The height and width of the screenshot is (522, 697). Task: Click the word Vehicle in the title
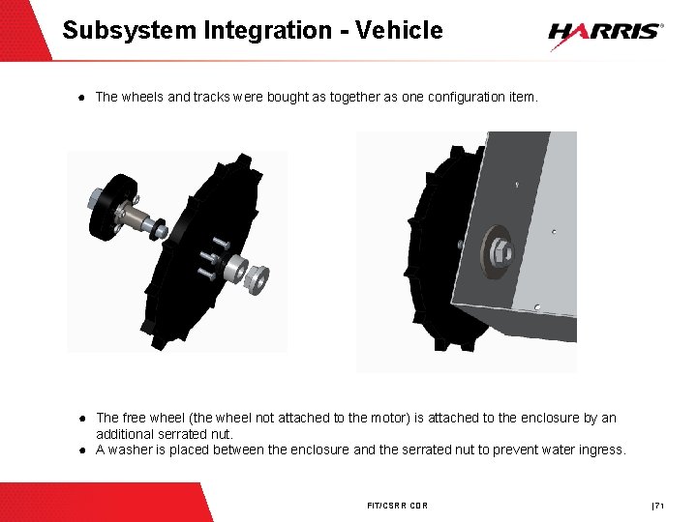tap(399, 30)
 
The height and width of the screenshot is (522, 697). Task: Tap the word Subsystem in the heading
tap(130, 31)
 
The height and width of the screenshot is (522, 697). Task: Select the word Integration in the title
tap(267, 31)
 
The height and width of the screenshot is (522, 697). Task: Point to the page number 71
tap(659, 506)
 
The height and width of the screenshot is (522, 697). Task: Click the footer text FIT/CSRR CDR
tap(398, 506)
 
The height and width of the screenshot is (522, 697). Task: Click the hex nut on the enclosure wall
tap(501, 252)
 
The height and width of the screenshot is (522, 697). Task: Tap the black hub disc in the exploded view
tap(112, 207)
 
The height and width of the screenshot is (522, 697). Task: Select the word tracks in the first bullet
tap(212, 97)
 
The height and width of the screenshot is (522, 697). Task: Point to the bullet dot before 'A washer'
tap(82, 450)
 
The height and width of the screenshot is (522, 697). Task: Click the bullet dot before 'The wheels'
tap(81, 98)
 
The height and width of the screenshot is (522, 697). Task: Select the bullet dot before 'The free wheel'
tap(82, 419)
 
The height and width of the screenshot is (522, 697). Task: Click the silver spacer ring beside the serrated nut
tap(235, 268)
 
